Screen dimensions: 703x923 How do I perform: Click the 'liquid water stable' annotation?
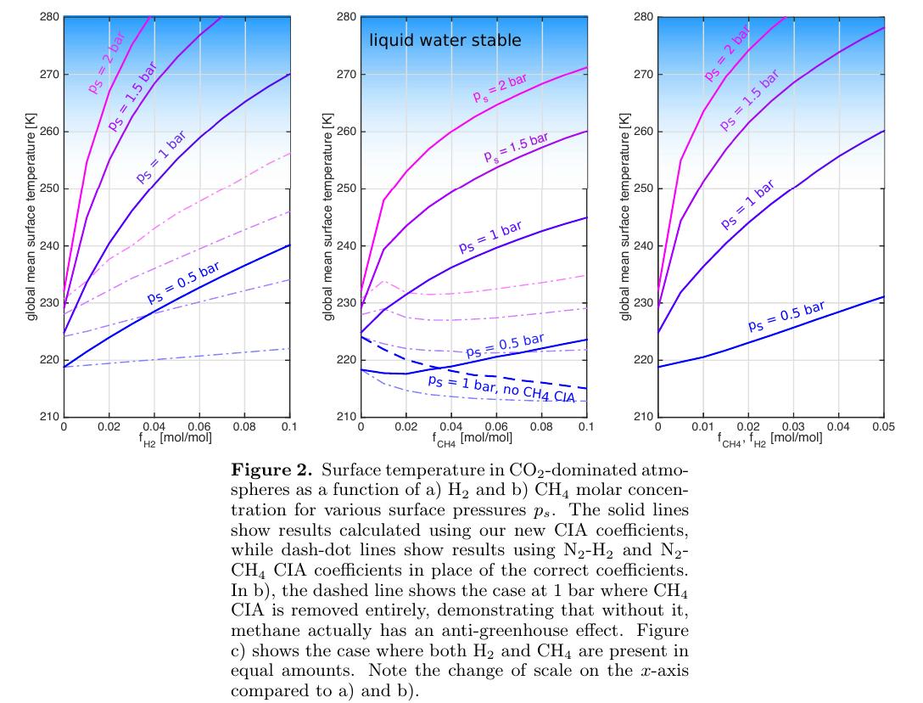point(444,40)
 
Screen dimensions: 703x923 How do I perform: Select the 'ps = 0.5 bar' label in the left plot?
point(183,284)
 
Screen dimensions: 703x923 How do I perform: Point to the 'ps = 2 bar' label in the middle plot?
point(500,87)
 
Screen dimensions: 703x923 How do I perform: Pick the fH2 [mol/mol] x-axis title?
point(176,438)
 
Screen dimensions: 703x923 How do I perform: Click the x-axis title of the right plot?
point(769,438)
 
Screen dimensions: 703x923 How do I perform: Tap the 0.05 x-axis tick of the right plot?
point(883,427)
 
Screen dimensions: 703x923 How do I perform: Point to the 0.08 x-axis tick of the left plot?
point(244,427)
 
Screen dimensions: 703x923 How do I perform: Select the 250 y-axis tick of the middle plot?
point(346,188)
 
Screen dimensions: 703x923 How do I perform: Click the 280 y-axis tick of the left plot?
point(49,17)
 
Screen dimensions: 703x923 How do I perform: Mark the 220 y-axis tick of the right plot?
point(643,360)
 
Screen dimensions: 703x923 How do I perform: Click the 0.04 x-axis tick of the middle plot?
point(450,427)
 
